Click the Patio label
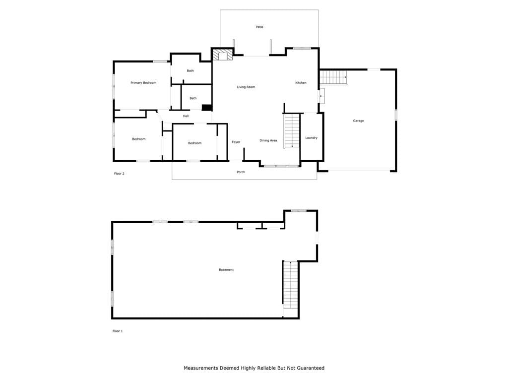point(259,27)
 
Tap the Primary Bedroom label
point(143,83)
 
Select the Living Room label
point(246,87)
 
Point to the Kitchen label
point(301,83)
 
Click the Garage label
point(358,121)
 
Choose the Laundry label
point(312,138)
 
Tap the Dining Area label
point(268,140)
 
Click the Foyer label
point(236,142)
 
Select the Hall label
point(186,116)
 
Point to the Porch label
point(241,172)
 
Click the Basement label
point(226,269)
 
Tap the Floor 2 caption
point(119,174)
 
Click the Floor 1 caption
point(118,331)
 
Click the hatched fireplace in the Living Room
point(223,55)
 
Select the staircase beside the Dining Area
point(292,131)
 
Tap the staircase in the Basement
point(291,285)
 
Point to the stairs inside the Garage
point(333,77)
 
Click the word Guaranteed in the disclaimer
point(311,368)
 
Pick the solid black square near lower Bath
point(207,108)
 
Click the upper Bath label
point(190,70)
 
